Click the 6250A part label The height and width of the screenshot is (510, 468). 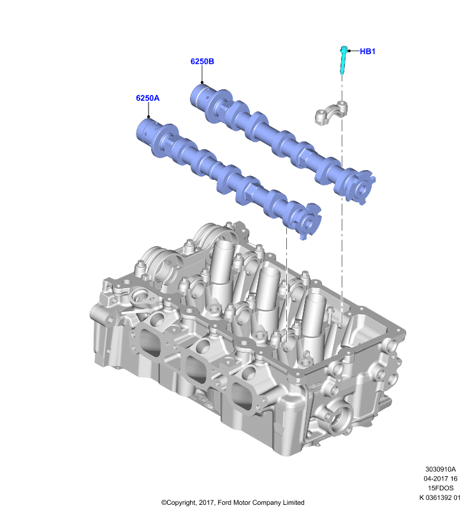pyautogui.click(x=148, y=98)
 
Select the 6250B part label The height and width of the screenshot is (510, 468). pyautogui.click(x=202, y=61)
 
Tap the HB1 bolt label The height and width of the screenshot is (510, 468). pyautogui.click(x=367, y=52)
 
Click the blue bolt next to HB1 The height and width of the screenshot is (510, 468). pyautogui.click(x=343, y=59)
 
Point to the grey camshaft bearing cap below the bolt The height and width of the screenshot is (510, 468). pyautogui.click(x=331, y=113)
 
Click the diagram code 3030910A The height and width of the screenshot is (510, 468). pyautogui.click(x=441, y=469)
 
